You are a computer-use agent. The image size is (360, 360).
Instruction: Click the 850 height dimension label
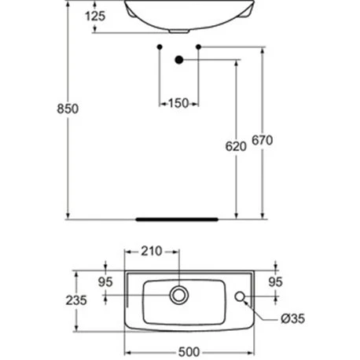coord(68,108)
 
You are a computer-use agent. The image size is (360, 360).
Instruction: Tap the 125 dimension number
coord(95,16)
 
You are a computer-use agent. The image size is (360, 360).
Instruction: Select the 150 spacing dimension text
coord(178,103)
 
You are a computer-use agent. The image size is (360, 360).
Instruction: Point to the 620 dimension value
coord(236,146)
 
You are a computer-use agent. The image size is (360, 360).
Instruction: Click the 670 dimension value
coord(263,140)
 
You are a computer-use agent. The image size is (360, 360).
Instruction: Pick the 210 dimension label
coord(152,252)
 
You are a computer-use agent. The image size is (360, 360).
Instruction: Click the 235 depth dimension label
coord(76,300)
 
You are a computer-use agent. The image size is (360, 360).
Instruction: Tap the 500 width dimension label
coord(189,352)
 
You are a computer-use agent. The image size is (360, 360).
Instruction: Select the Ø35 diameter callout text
coord(293,318)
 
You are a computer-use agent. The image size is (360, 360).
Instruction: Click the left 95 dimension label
coord(105,282)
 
